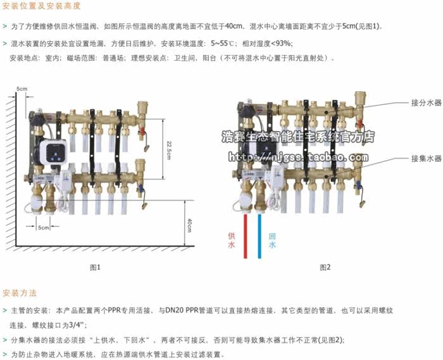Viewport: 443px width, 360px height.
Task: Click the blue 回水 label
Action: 272,240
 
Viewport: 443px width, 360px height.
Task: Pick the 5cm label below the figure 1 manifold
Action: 43,227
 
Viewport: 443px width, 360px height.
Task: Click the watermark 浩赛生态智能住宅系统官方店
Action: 297,136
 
